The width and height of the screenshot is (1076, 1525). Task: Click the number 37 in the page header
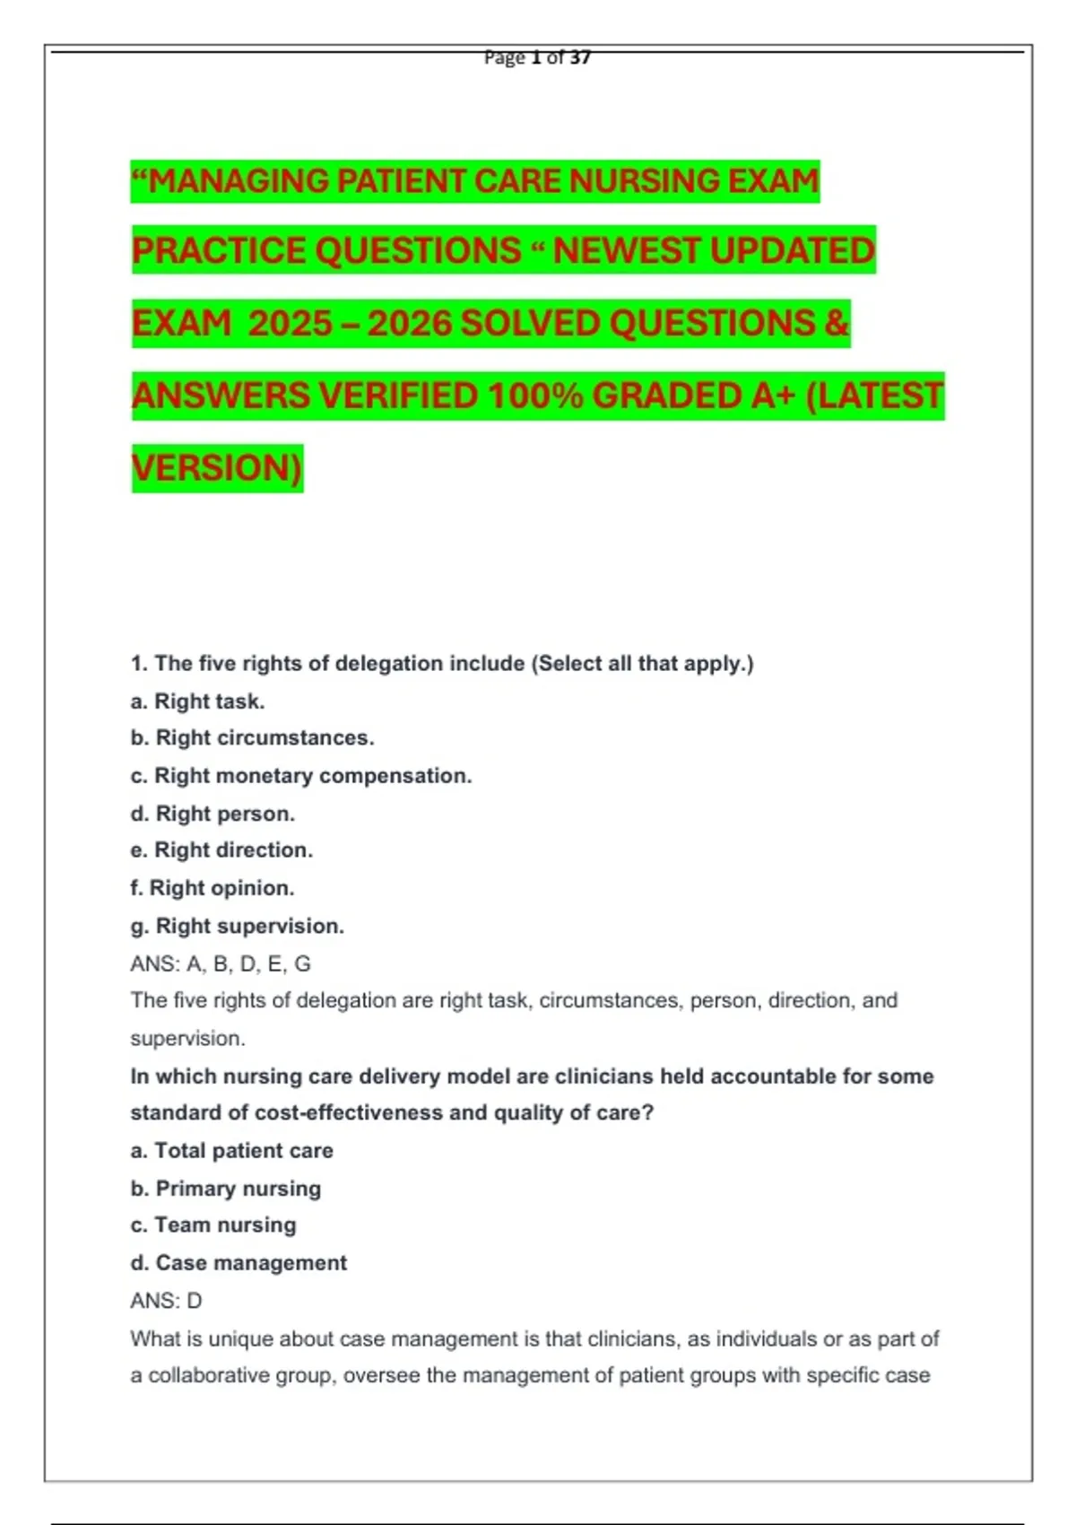click(x=580, y=57)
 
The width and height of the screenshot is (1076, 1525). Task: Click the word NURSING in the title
click(x=644, y=181)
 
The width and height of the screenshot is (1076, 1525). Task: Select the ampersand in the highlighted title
click(x=836, y=323)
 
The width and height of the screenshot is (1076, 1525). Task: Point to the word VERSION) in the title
click(x=217, y=468)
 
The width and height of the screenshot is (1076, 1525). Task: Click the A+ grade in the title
click(x=773, y=396)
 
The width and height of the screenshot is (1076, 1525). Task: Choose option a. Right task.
click(x=197, y=701)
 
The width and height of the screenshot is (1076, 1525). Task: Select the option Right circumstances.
click(x=252, y=738)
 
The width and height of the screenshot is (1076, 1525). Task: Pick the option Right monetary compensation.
click(x=301, y=776)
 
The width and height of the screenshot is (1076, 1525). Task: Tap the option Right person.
click(x=213, y=814)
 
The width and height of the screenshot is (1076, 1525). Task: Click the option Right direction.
click(x=221, y=850)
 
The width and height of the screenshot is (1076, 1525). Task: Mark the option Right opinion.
click(x=213, y=888)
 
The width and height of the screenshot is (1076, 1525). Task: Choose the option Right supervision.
click(x=238, y=926)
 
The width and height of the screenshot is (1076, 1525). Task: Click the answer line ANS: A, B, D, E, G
click(x=221, y=964)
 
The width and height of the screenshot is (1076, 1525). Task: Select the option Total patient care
click(x=231, y=1151)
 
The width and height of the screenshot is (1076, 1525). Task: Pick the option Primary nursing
click(x=226, y=1189)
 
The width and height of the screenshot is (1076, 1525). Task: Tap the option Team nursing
click(x=213, y=1225)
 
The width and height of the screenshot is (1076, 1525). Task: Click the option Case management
click(x=239, y=1263)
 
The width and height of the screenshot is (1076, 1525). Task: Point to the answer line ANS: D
click(x=166, y=1301)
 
